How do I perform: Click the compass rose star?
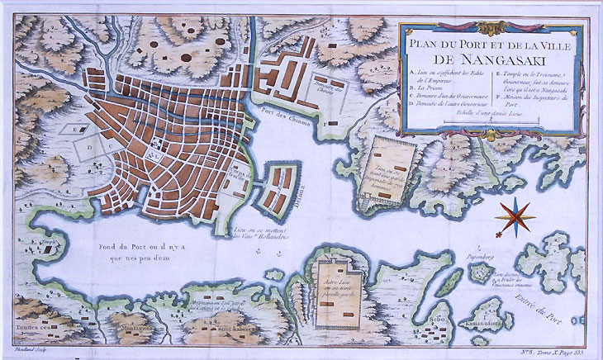tap(515, 216)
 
